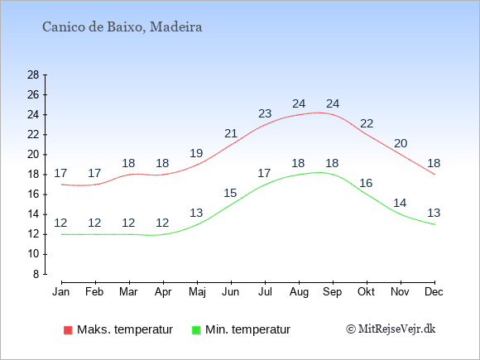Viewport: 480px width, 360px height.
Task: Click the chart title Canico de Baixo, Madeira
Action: pos(122,27)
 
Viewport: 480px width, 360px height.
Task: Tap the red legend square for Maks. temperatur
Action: pos(68,330)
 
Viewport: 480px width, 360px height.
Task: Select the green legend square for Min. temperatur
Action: pos(196,330)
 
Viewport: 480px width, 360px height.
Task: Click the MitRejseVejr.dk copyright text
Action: pos(391,329)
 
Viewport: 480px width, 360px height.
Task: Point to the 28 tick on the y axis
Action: pos(33,74)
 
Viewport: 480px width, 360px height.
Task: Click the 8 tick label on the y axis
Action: pos(36,274)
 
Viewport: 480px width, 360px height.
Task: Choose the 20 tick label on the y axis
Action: pos(33,155)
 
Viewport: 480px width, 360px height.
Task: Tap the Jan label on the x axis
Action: pos(61,292)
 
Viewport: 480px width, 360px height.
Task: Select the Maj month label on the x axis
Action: pos(197,292)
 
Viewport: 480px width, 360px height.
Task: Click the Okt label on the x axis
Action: pos(366,292)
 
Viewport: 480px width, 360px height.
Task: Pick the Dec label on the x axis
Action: pos(434,292)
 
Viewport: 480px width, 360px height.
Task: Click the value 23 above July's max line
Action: pos(265,113)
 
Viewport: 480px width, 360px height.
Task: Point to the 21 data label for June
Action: pos(231,133)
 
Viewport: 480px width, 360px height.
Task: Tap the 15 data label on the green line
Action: pos(230,193)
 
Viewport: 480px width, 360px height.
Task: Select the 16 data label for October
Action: pos(366,183)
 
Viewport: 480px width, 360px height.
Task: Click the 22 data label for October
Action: pos(367,123)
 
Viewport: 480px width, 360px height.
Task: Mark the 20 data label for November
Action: pos(401,143)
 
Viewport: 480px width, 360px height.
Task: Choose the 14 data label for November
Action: pos(400,203)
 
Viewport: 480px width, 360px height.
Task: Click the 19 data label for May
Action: pos(196,153)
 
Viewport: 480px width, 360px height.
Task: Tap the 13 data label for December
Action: pos(434,213)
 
